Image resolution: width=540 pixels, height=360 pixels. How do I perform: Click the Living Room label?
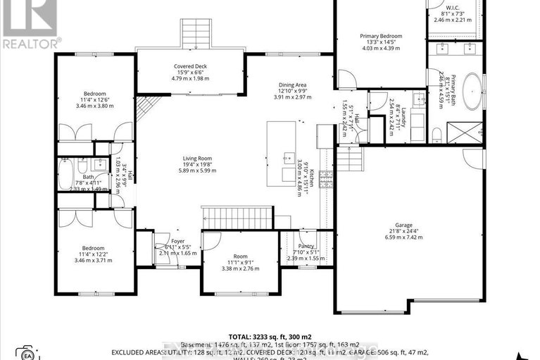[x=195, y=159]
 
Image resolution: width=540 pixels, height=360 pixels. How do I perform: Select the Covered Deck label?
[x=190, y=66]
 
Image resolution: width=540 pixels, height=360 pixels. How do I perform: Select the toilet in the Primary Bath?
[x=437, y=133]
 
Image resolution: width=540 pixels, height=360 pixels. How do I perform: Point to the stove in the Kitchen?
[x=326, y=180]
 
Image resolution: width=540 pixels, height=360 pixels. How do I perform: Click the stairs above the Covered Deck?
[x=191, y=32]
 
